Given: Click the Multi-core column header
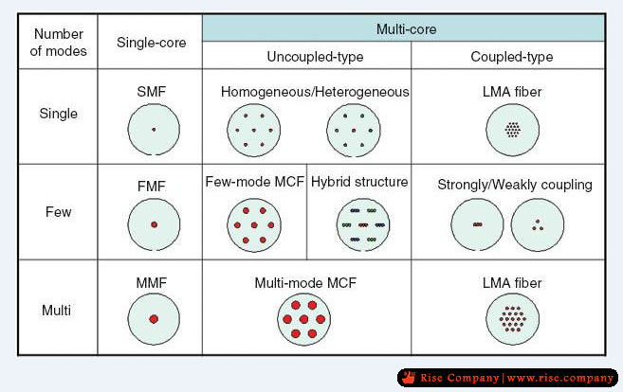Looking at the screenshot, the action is click(406, 29).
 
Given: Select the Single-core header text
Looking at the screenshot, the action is click(152, 43).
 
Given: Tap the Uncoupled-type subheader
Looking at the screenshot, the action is click(315, 57).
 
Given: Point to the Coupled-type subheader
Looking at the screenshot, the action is click(512, 57).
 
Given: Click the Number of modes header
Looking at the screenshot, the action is click(59, 43).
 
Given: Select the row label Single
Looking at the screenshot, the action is click(59, 114).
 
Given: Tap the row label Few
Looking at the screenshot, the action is click(59, 212).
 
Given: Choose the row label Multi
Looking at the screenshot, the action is click(56, 310).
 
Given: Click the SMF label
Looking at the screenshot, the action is click(152, 92).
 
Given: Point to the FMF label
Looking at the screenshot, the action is click(152, 187).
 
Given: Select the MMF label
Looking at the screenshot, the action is click(152, 283).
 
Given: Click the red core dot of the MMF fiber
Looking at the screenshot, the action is click(154, 319).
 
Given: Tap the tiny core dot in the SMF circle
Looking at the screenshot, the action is click(154, 130).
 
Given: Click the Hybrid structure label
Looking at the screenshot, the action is click(359, 182).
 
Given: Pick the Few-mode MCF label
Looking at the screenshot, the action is click(255, 182).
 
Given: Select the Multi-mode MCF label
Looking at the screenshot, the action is click(305, 283).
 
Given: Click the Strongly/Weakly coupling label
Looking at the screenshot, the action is click(515, 185).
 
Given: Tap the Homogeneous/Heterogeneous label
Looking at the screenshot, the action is click(315, 92).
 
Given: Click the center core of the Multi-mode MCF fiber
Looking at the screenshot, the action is click(304, 319).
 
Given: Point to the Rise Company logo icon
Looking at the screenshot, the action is click(409, 377).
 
